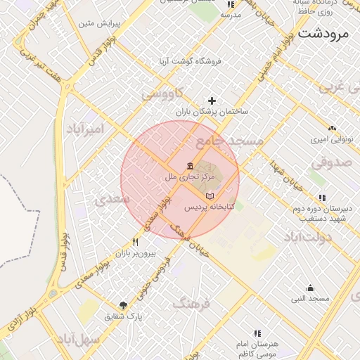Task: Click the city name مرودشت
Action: pos(328,33)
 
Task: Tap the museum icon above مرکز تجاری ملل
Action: pos(191,166)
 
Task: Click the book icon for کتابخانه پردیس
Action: pos(210,196)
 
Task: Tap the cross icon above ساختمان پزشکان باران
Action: pos(212,101)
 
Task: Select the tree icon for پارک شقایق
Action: pos(124,305)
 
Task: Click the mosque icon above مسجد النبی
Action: pos(310,288)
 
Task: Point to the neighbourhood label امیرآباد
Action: pos(85,129)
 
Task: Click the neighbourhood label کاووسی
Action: pos(162,93)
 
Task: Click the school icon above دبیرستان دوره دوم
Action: pos(321,198)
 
